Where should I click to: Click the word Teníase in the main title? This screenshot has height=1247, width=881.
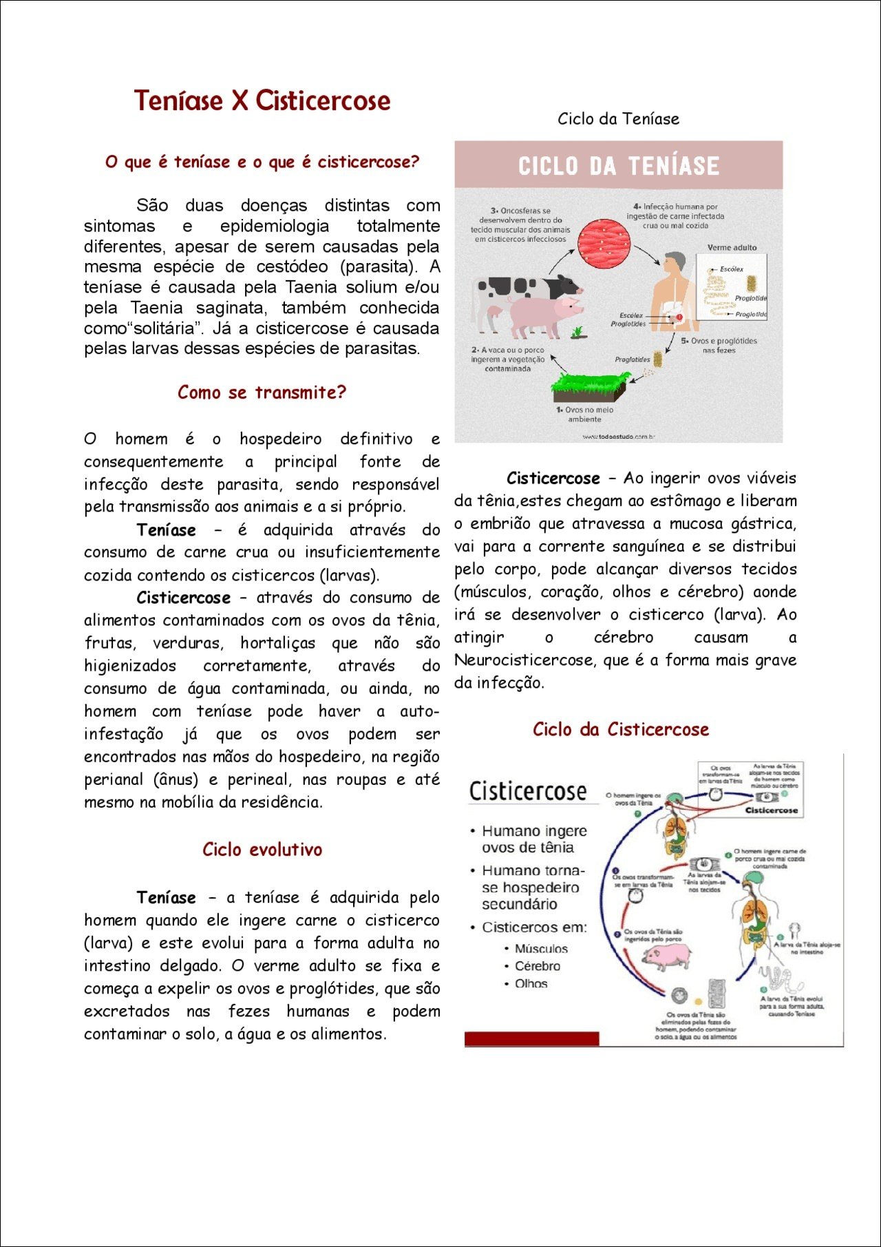pos(178,101)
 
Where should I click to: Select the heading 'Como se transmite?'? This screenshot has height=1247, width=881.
pos(262,392)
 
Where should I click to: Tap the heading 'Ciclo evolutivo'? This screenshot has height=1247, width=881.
pos(262,849)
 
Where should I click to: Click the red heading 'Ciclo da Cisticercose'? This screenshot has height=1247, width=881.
pos(620,729)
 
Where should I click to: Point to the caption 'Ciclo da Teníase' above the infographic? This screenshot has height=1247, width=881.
pos(618,119)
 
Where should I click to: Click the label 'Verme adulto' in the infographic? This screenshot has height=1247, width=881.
pos(732,247)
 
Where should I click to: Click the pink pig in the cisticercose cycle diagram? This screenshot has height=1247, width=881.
pos(666,955)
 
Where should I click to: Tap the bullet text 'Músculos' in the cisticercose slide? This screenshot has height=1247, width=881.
pos(541,949)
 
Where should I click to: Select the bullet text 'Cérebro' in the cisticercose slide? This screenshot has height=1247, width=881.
pos(538,966)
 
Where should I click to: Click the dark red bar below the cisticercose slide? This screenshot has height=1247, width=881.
pos(531,1038)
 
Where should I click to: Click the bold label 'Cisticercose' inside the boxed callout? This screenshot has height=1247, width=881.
pos(771,810)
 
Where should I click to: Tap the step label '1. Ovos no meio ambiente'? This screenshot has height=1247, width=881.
pos(585,414)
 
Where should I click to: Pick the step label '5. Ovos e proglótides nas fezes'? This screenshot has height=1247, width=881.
pos(719,346)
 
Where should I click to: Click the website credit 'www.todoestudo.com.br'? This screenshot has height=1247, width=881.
pos(618,437)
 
